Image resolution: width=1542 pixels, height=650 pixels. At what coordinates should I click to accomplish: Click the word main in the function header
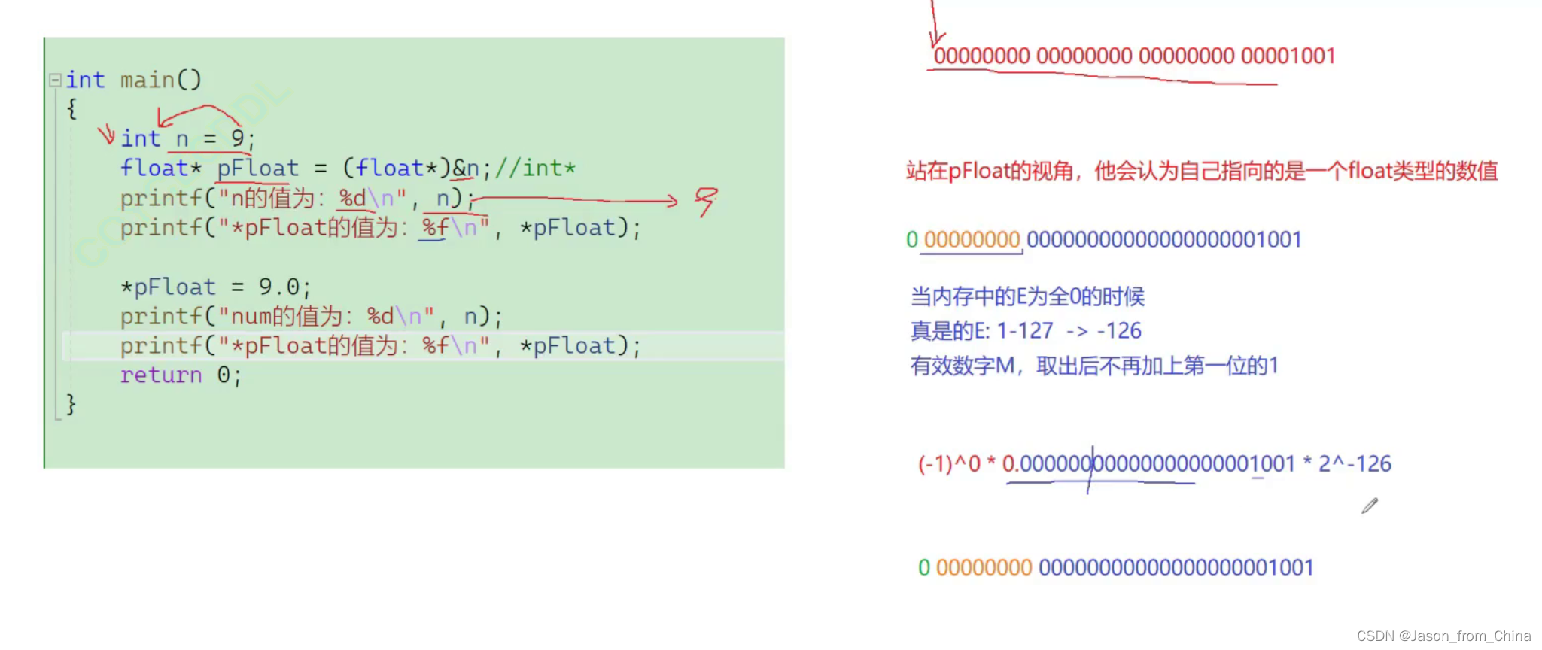coord(148,80)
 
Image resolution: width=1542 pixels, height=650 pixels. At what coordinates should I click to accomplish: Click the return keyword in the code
coord(161,375)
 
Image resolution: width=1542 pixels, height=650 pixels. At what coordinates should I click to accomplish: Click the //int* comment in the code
coord(535,168)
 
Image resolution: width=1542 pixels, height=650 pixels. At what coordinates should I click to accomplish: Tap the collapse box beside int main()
coord(55,80)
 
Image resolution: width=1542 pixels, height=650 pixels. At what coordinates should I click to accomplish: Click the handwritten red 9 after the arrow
coord(705,201)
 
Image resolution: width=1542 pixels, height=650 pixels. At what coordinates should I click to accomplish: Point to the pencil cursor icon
coord(1369,506)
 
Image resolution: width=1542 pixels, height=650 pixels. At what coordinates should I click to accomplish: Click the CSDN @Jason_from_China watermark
coord(1443,636)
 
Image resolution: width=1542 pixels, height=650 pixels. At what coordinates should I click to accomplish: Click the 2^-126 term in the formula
coord(1355,463)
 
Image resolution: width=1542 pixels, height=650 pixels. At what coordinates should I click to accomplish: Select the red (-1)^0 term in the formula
coord(949,463)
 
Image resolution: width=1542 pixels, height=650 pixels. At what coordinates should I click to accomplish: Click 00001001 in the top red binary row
coord(1288,56)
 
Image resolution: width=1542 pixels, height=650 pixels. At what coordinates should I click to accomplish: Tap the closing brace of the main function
coord(71,405)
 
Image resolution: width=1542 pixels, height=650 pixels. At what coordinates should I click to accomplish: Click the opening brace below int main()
coord(71,109)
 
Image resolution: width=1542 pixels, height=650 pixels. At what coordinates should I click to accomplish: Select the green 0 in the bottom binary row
coord(924,567)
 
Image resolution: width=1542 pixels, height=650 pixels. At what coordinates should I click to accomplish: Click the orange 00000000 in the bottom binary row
coord(984,567)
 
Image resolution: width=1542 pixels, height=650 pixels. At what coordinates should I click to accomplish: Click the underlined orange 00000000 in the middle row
coord(972,239)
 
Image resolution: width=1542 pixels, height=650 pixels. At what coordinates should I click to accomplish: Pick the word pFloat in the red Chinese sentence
coord(978,171)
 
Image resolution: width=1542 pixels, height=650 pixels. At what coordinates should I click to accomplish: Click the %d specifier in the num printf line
coord(380,316)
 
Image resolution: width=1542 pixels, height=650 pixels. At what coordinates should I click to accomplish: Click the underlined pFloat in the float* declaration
coord(258,168)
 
